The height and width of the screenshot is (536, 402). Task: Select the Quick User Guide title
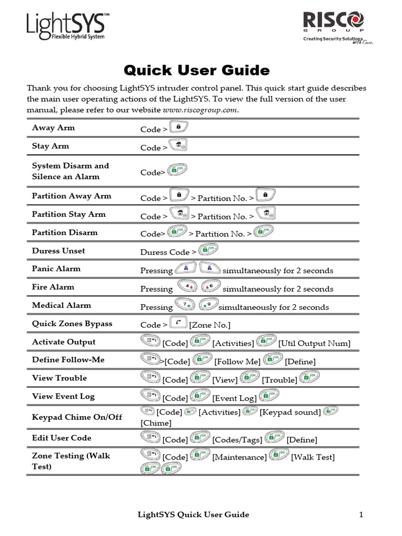tap(196, 70)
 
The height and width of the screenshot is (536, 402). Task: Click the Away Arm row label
tap(53, 127)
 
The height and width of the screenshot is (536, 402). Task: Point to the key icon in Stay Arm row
tap(178, 146)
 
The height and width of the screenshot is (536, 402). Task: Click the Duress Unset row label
tap(59, 251)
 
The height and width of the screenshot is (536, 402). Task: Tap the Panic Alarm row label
tap(57, 269)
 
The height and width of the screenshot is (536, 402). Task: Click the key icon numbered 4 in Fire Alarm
tap(187, 287)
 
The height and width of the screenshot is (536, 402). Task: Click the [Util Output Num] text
tap(315, 343)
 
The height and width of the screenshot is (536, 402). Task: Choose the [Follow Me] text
tap(238, 362)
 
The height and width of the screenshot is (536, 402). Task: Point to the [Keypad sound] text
tap(291, 412)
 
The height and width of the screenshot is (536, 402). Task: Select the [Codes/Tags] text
tap(237, 440)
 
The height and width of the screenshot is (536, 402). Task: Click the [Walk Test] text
tap(313, 457)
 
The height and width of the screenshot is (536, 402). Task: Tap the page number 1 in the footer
tap(361, 515)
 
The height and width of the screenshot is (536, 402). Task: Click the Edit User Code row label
tap(62, 438)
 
